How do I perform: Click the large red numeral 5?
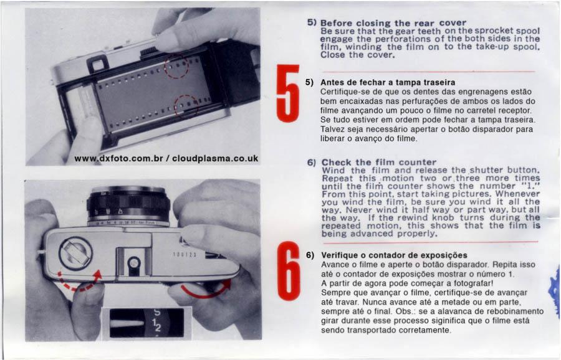click(x=287, y=93)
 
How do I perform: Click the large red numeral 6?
click(x=289, y=271)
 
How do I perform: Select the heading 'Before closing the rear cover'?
click(x=393, y=23)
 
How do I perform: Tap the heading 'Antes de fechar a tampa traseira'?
click(x=388, y=83)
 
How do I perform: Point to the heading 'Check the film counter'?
click(x=379, y=163)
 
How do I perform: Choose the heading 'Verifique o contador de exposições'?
click(x=395, y=255)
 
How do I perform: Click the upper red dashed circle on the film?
click(x=176, y=66)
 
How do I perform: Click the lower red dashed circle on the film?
click(x=186, y=106)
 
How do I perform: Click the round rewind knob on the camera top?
click(x=75, y=253)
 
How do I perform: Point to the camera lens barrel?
click(x=128, y=206)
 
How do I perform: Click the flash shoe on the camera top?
click(x=134, y=260)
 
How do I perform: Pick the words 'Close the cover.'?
click(x=357, y=55)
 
